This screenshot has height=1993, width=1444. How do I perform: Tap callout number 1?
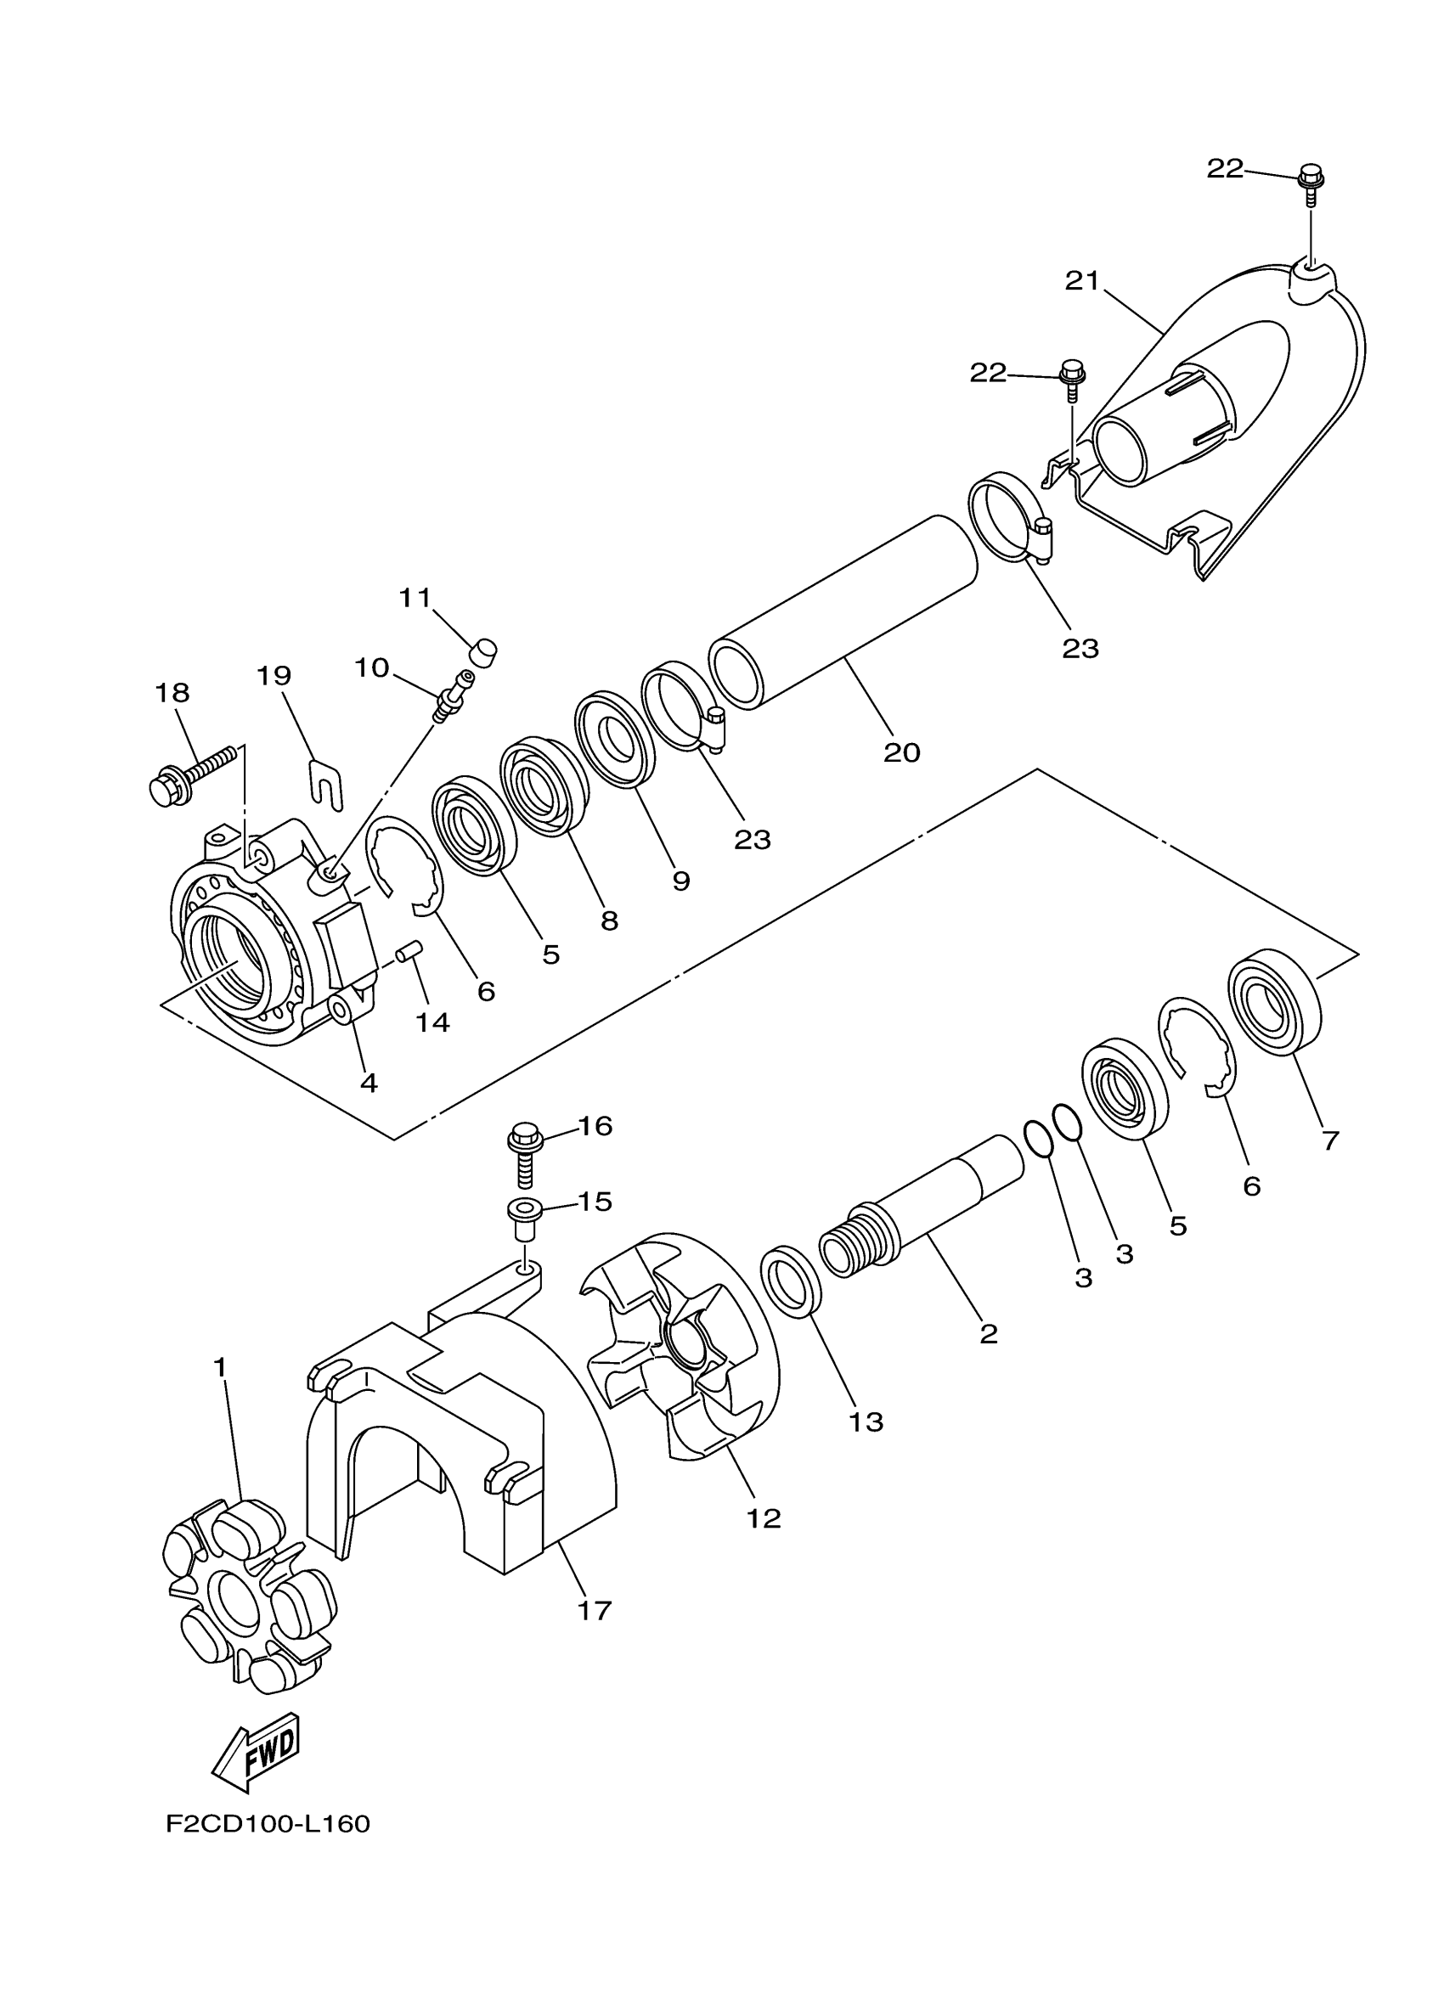220,1367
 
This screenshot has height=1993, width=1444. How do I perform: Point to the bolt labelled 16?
524,1154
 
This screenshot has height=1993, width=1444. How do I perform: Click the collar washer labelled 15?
524,1217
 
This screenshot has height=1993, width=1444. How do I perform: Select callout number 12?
763,1517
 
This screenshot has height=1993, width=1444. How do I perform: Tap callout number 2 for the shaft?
988,1334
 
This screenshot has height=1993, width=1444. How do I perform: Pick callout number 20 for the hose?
901,752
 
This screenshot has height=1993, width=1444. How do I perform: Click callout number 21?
1082,282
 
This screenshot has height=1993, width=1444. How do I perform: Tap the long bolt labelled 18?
192,775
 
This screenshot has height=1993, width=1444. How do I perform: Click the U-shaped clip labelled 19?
328,781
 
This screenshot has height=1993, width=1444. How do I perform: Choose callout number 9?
681,881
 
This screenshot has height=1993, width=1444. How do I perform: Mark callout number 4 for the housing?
369,1083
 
